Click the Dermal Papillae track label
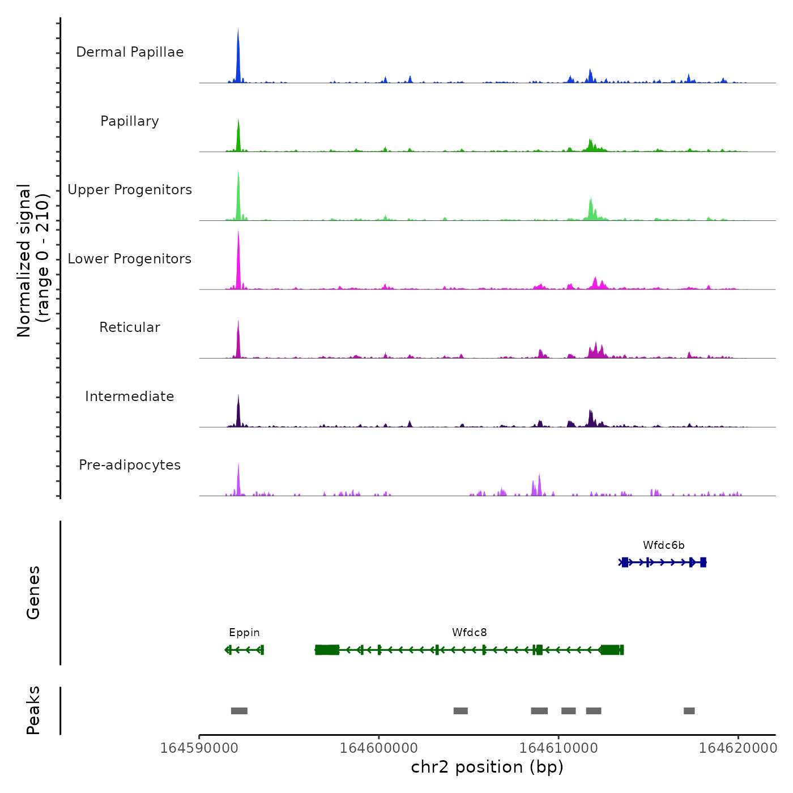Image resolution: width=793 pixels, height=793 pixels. coord(130,52)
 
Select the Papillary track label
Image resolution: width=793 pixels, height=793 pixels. coord(130,121)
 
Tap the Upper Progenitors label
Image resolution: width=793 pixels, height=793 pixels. coord(130,190)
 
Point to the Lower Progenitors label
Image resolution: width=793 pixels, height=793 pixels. coord(130,259)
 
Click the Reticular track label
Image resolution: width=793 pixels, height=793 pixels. coord(130,327)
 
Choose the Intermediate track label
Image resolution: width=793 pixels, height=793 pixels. coord(130,396)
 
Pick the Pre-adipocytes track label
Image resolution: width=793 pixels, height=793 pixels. coord(130,465)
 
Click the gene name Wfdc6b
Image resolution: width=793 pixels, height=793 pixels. coord(663,545)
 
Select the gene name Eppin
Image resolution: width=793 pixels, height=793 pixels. coord(244,633)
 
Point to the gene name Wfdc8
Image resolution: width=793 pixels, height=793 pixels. coord(469,633)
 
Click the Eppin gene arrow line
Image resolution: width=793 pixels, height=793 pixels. coord(244,650)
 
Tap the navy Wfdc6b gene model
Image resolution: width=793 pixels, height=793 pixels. coord(663,562)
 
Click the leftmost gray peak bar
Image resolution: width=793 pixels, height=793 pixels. coord(239,711)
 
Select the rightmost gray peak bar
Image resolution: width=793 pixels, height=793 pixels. coord(689,711)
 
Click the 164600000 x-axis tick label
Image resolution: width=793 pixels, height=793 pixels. coord(379,748)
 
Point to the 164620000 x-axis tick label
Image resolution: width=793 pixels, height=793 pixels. coord(738,748)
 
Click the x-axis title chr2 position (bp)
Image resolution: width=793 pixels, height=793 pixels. coord(487,767)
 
